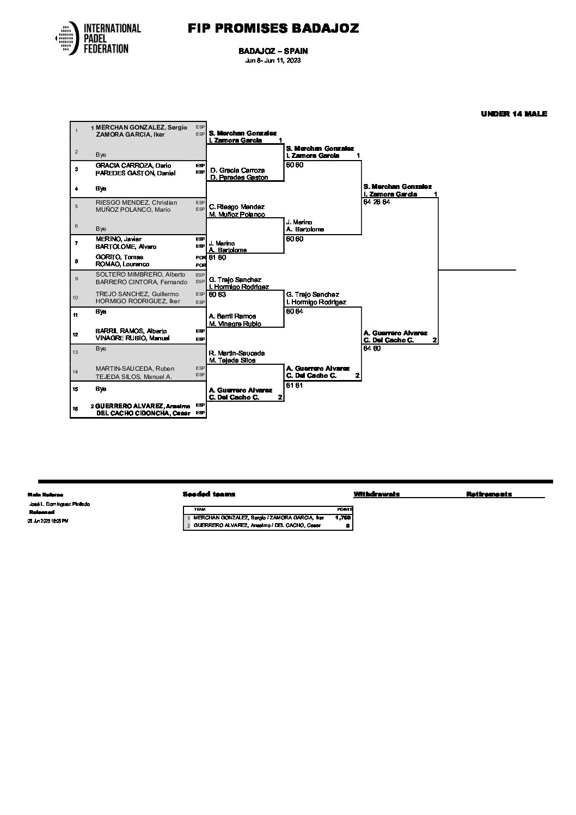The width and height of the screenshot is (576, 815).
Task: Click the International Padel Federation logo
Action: (x=98, y=38)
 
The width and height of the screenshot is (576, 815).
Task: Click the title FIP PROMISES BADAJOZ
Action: (x=273, y=28)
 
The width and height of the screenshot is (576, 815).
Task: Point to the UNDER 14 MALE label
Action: (x=513, y=114)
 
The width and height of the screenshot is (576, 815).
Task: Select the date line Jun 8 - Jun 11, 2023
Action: (x=273, y=60)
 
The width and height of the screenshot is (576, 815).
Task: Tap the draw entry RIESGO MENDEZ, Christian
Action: (x=136, y=203)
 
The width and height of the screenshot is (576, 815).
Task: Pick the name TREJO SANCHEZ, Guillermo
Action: (x=137, y=294)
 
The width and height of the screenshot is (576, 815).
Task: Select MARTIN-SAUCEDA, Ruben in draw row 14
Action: (x=134, y=369)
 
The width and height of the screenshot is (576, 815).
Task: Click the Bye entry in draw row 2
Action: (x=101, y=155)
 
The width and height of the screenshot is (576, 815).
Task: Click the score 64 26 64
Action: (x=377, y=202)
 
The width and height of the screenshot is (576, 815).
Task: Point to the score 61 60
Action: (x=217, y=258)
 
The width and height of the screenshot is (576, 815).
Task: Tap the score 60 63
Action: (x=217, y=295)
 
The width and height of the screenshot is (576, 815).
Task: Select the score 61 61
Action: (x=295, y=385)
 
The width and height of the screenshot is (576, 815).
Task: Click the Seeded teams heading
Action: (x=209, y=494)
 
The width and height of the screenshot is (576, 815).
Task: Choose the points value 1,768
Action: (x=343, y=518)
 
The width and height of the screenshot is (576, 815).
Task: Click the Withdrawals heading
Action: (x=376, y=494)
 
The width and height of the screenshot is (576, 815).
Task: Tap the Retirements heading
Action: (x=488, y=494)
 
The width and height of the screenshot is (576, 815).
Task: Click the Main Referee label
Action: (x=45, y=495)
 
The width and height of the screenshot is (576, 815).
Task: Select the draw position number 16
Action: (x=77, y=409)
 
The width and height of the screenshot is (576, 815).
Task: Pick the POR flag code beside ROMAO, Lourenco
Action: (x=200, y=265)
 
